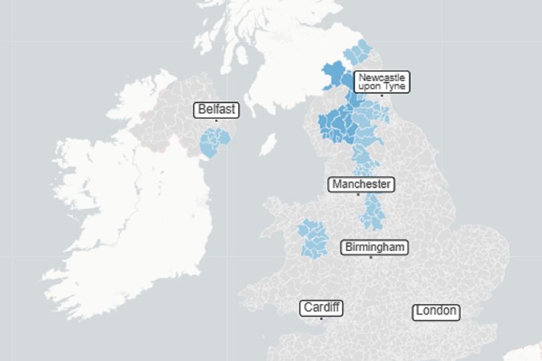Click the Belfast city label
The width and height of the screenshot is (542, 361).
pyautogui.click(x=216, y=110)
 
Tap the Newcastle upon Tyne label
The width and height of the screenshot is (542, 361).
pyautogui.click(x=381, y=82)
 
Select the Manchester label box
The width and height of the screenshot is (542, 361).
pyautogui.click(x=361, y=184)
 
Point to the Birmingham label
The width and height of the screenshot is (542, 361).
pyautogui.click(x=375, y=247)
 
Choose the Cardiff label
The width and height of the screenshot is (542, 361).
pyautogui.click(x=322, y=308)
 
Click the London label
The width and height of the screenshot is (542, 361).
pyautogui.click(x=436, y=311)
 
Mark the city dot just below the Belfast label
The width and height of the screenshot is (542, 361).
pyautogui.click(x=216, y=121)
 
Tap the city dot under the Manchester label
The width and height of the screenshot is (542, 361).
pyautogui.click(x=358, y=195)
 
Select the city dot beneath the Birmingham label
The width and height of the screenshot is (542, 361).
pyautogui.click(x=371, y=257)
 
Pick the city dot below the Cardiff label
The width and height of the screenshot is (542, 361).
pyautogui.click(x=321, y=319)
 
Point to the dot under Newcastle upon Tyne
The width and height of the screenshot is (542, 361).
pyautogui.click(x=381, y=95)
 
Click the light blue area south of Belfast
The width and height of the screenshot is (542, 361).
pyautogui.click(x=213, y=143)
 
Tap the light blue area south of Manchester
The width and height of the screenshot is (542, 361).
pyautogui.click(x=371, y=211)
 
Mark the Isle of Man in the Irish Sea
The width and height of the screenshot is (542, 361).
pyautogui.click(x=268, y=143)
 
